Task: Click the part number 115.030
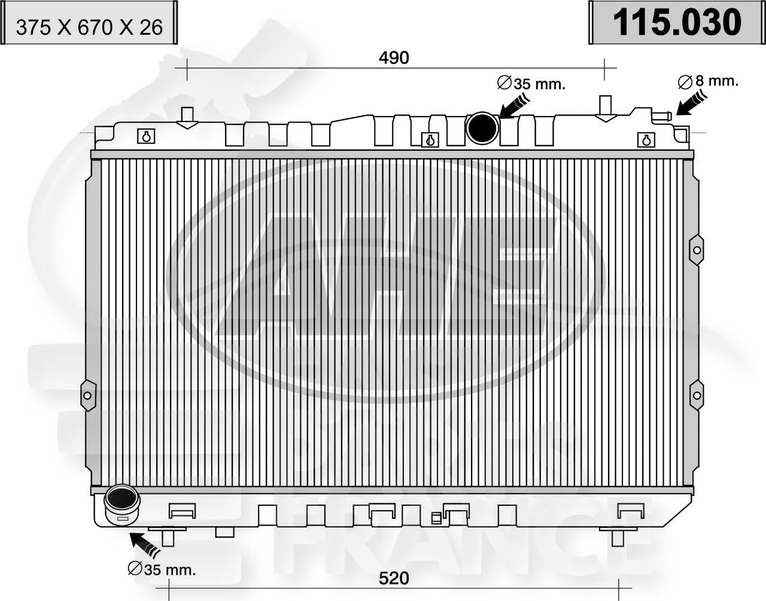pyautogui.click(x=676, y=22)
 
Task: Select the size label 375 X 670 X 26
pyautogui.click(x=89, y=28)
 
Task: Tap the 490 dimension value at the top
pyautogui.click(x=394, y=58)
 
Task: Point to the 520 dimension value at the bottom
pyautogui.click(x=394, y=578)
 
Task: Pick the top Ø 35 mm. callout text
pyautogui.click(x=531, y=84)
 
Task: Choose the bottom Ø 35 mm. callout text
pyautogui.click(x=162, y=569)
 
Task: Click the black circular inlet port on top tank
pyautogui.click(x=483, y=127)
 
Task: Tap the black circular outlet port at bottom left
pyautogui.click(x=121, y=499)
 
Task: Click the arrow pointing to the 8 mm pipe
pyautogui.click(x=690, y=102)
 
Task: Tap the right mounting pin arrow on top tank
pyautogui.click(x=606, y=109)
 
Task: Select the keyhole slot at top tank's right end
pyautogui.click(x=645, y=139)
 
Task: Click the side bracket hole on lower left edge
pyautogui.click(x=87, y=395)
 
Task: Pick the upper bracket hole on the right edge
pyautogui.click(x=697, y=250)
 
